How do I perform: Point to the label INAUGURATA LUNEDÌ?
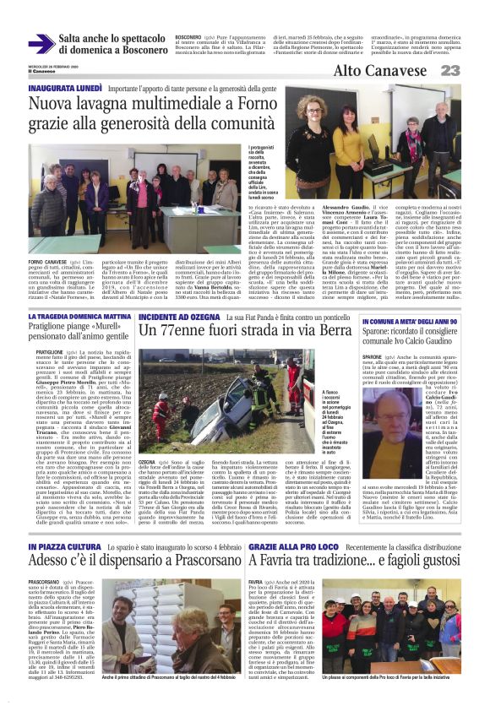coord(63,88)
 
